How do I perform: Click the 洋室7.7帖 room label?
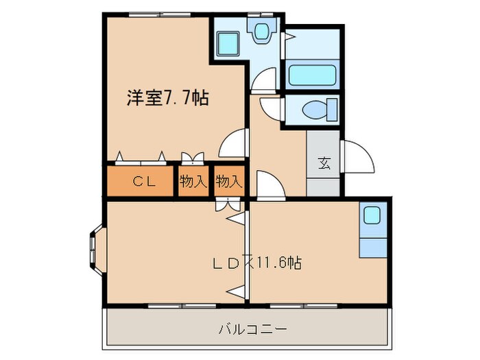tap(167, 98)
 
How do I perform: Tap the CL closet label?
tap(143, 182)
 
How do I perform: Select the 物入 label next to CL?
tap(193, 182)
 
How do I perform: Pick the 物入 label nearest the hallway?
tap(229, 182)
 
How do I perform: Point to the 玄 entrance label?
tap(324, 164)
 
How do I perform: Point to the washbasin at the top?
tap(261, 32)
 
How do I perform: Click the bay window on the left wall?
tap(95, 251)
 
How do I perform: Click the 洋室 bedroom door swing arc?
tap(232, 145)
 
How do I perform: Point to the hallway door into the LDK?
tap(265, 184)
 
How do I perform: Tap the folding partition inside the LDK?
tap(237, 254)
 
